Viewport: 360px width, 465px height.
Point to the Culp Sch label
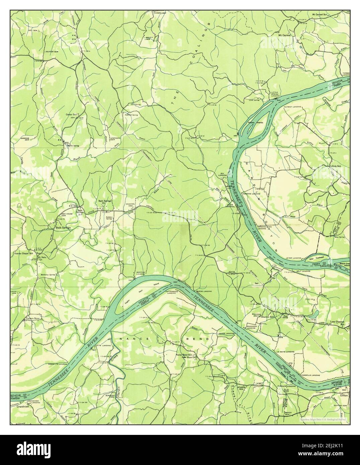click(x=336, y=166)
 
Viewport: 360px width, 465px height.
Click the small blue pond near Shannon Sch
click(x=315, y=314)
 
